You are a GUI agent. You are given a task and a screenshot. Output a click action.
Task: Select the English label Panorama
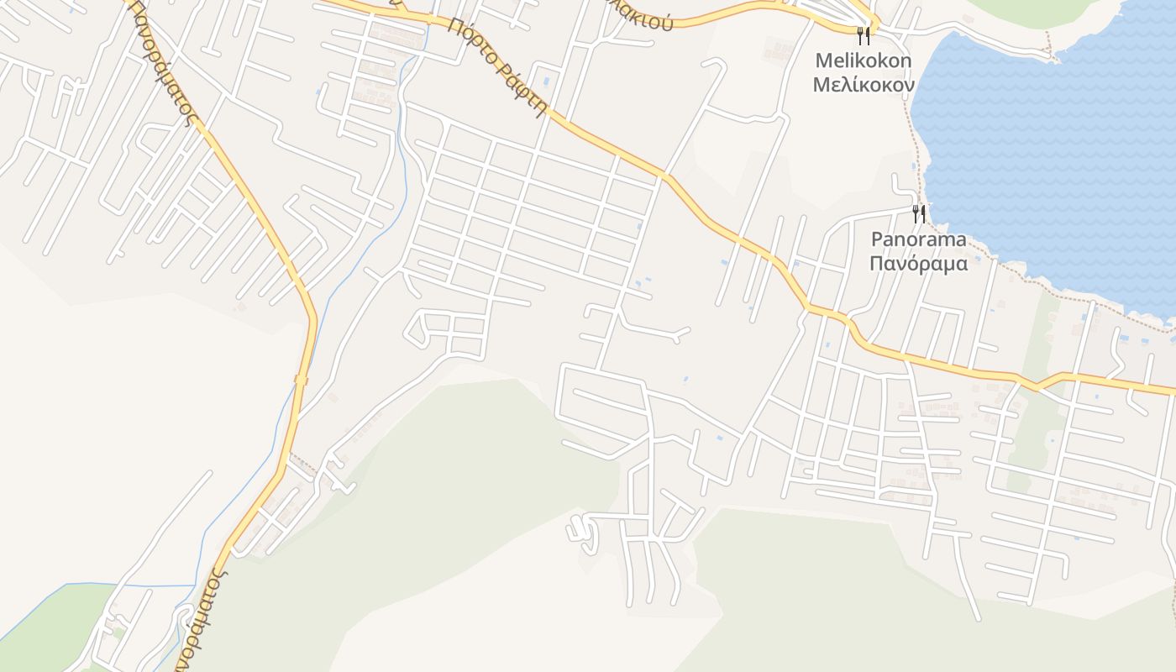pos(918,239)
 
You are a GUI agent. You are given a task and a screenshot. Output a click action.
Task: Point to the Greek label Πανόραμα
pos(918,264)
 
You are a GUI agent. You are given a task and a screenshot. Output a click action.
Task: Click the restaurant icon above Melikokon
pos(862,35)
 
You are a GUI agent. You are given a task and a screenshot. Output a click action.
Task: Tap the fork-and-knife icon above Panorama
pos(919,213)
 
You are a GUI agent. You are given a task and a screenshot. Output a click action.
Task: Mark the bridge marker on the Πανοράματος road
pos(301,381)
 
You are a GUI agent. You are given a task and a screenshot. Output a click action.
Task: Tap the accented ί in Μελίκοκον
pos(853,85)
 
